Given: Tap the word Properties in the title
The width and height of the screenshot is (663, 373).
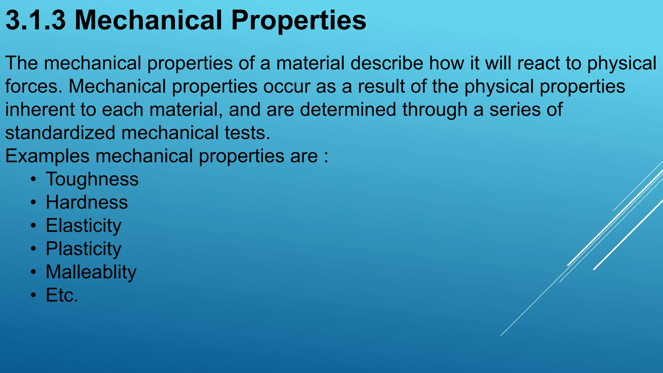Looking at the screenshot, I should click(x=298, y=21).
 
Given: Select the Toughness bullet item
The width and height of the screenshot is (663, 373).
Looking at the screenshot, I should click(x=92, y=179).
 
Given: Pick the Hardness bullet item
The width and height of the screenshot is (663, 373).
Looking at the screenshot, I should click(x=87, y=202).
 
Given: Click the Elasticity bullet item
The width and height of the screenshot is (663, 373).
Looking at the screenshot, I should click(x=84, y=226).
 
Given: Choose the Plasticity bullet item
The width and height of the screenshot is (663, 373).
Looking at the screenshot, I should click(x=84, y=249).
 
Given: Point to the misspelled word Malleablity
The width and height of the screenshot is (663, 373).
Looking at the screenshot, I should click(x=91, y=272).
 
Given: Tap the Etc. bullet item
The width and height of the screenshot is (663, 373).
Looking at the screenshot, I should click(x=62, y=295).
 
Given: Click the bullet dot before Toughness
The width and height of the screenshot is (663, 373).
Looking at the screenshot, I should click(x=33, y=180).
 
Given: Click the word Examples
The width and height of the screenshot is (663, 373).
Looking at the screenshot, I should click(x=47, y=156).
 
